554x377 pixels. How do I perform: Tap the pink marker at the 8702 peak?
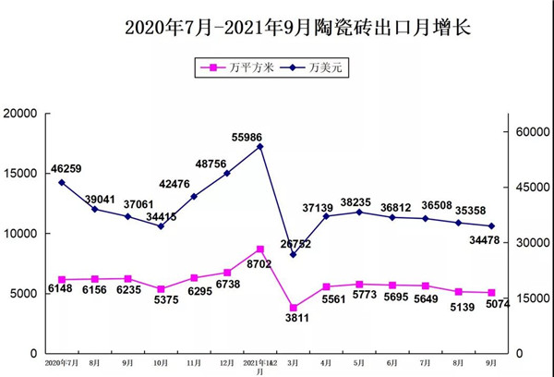(260, 249)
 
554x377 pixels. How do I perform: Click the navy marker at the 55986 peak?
(260, 146)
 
